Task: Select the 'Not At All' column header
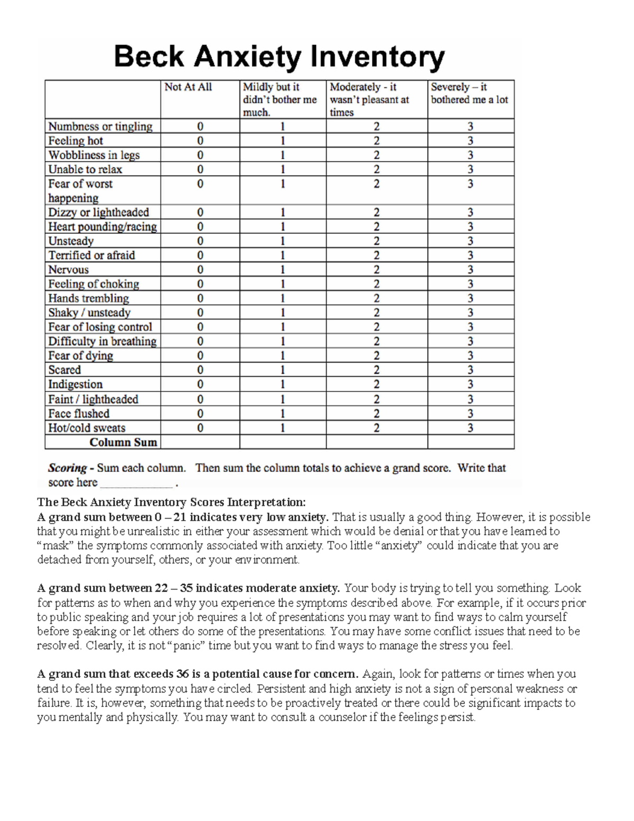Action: point(188,87)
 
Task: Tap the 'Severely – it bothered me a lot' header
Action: point(469,94)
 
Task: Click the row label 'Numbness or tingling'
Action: point(100,126)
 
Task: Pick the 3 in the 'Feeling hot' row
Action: point(470,141)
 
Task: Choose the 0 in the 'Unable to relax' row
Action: point(200,169)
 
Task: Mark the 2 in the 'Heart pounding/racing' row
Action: point(376,227)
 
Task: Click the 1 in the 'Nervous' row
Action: point(283,270)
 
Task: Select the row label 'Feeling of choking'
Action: point(94,284)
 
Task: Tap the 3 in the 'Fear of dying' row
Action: point(470,356)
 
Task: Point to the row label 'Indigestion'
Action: point(76,384)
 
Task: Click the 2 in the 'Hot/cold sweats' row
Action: point(376,428)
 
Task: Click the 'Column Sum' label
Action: point(123,442)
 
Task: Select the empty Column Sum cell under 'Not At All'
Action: point(200,442)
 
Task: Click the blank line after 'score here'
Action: point(136,483)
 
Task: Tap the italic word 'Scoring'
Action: point(67,468)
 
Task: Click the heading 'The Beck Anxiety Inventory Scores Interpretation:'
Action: point(171,502)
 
